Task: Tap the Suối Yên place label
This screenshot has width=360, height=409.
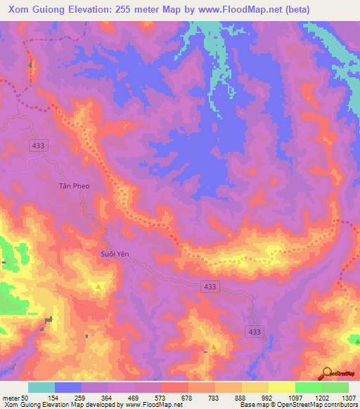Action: tap(113, 254)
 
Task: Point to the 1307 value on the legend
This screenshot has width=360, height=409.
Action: tap(349, 398)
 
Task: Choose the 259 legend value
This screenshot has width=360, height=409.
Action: tap(81, 398)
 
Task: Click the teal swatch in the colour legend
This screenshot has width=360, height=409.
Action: tap(41, 387)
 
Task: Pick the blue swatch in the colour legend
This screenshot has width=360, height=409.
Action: tap(68, 387)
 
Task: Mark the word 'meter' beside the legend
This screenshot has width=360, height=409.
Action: tap(12, 398)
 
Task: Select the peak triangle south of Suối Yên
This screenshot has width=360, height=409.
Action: tap(99, 287)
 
